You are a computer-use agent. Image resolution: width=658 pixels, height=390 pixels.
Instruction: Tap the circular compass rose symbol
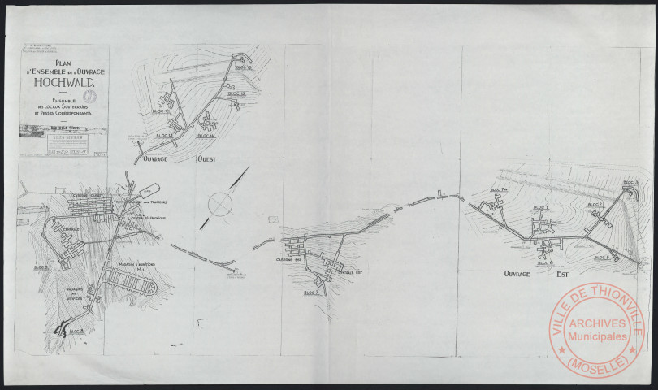coord(219,204)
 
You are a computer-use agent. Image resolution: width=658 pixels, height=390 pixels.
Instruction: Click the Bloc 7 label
coord(310,292)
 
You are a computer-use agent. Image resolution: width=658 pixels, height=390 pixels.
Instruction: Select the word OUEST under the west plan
coord(214,160)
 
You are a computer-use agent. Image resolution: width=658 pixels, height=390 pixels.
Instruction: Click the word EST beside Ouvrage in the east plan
coord(556,275)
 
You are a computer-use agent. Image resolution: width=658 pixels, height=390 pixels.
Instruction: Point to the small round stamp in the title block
coord(91,96)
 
